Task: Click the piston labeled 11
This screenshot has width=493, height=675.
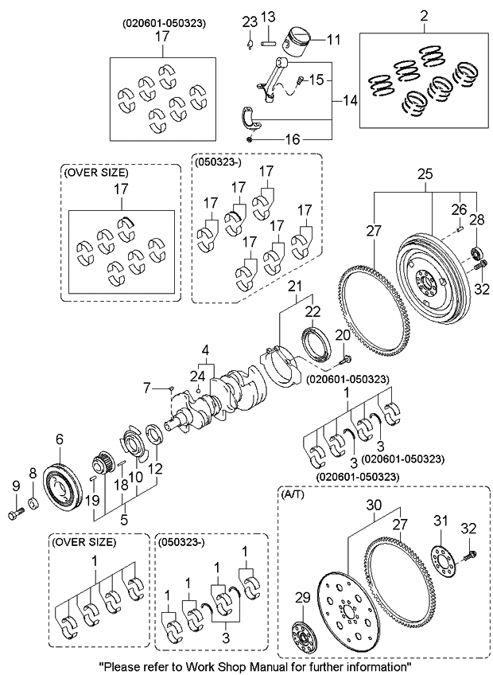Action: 300,40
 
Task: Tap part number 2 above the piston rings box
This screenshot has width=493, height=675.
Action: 424,15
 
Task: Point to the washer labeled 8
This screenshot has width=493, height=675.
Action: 33,504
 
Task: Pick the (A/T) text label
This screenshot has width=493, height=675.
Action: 293,494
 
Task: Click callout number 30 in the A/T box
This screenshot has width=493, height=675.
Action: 374,505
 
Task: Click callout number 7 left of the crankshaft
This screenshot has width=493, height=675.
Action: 146,388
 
